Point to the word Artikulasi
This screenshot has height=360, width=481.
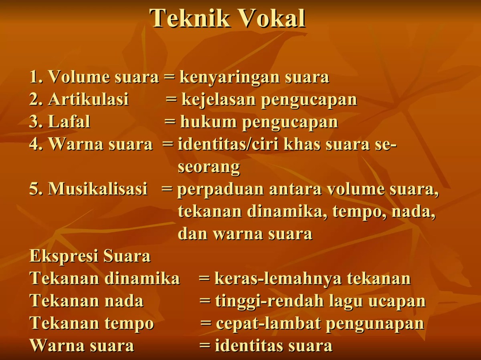click(x=88, y=100)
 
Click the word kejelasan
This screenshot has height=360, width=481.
click(x=219, y=100)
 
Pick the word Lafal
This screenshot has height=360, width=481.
click(x=69, y=123)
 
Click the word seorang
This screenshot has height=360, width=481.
click(x=209, y=167)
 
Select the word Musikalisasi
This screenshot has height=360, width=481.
click(x=98, y=189)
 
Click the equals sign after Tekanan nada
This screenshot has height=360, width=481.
click(x=205, y=301)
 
